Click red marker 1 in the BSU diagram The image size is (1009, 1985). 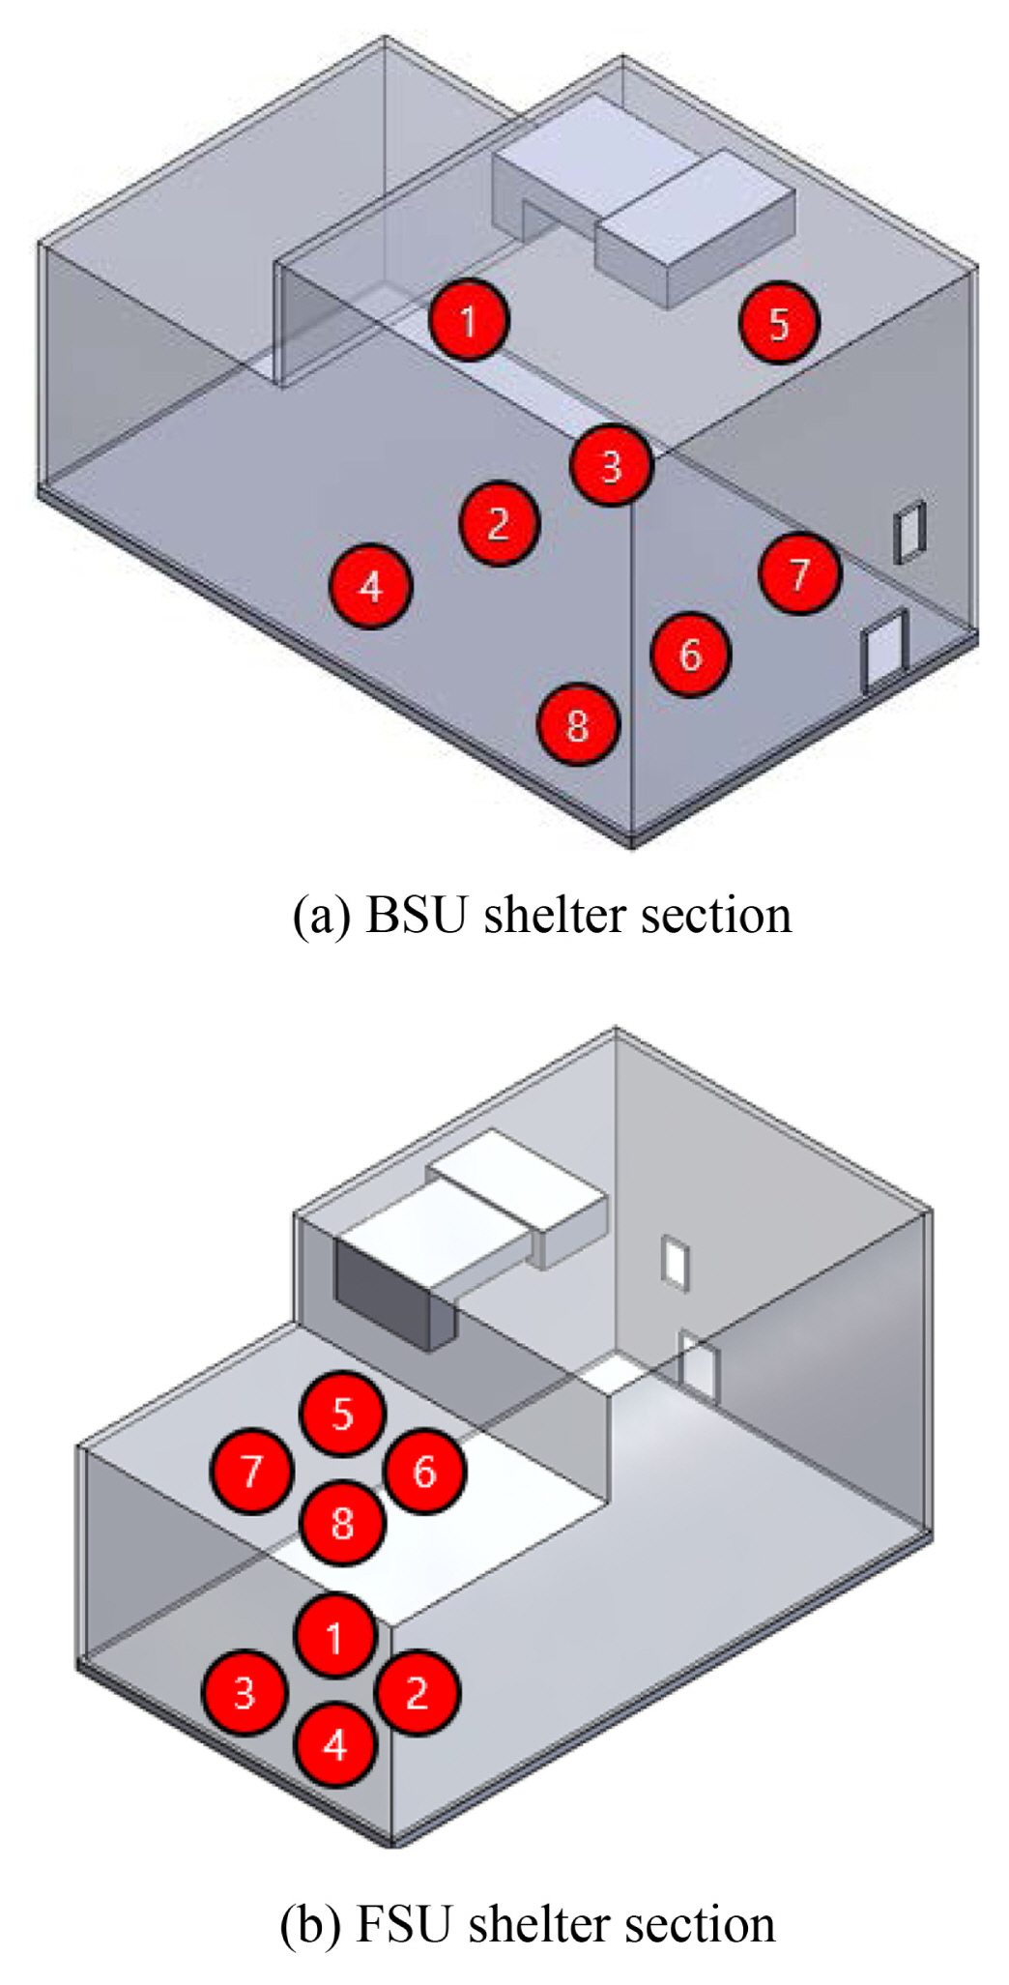point(469,320)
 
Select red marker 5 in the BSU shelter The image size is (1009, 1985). point(779,323)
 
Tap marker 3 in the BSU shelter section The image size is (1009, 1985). point(611,465)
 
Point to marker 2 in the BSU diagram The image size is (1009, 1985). point(499,523)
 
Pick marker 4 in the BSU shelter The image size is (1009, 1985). point(371,587)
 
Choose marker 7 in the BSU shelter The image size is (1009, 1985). point(799,573)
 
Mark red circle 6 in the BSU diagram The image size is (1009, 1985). point(690,655)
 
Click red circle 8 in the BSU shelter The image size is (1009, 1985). point(577,724)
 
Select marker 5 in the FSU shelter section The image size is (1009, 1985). point(342,1414)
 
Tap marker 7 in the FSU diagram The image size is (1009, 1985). point(251,1471)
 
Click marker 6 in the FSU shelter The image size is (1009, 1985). point(425,1472)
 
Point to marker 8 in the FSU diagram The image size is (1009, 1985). point(342,1523)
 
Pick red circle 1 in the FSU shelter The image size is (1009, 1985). point(334,1637)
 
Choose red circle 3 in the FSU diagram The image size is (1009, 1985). point(244,1693)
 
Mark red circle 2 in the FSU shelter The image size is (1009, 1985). point(417,1693)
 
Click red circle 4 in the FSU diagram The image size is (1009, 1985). point(334,1745)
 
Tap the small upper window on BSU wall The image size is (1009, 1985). point(909,531)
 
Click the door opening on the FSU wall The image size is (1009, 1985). point(698,1366)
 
